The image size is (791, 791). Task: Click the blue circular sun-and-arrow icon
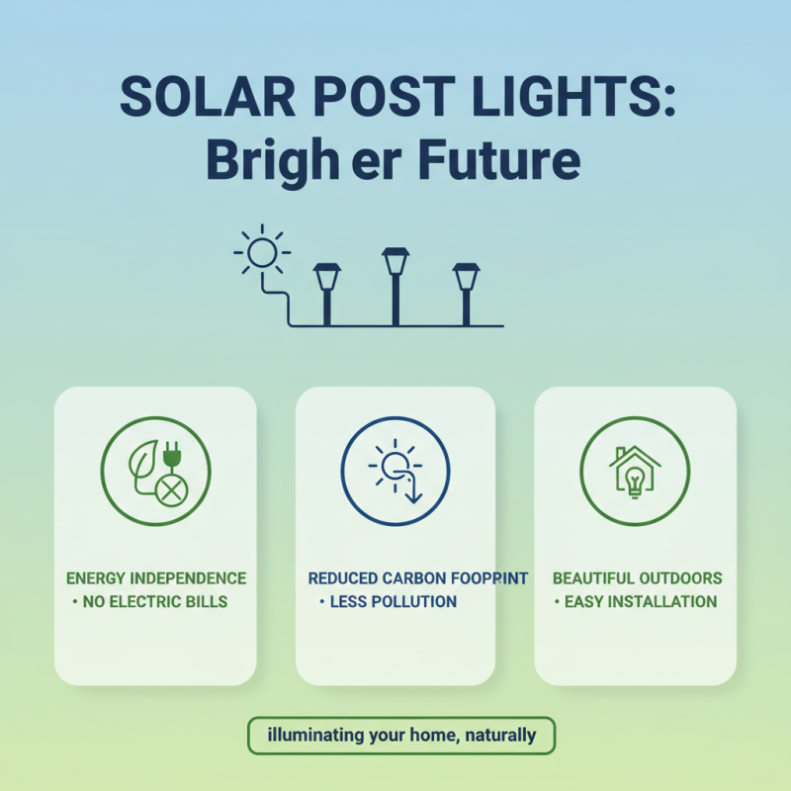[395, 469]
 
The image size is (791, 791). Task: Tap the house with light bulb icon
[635, 470]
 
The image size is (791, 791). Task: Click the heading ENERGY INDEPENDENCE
[156, 578]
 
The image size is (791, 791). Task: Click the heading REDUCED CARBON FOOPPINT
[418, 578]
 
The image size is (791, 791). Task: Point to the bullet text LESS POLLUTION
[393, 601]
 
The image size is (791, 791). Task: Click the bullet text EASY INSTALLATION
[640, 601]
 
